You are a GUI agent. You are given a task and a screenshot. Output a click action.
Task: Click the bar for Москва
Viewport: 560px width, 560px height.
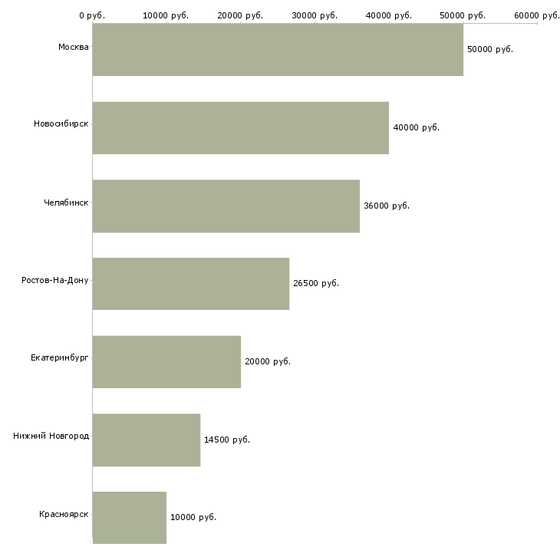tap(278, 49)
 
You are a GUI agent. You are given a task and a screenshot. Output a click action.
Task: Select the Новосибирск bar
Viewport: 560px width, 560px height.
tap(240, 127)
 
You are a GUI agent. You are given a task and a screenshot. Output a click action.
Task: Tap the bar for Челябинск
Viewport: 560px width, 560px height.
tap(226, 206)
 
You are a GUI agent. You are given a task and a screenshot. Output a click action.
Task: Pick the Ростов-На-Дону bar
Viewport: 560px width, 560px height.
tap(190, 283)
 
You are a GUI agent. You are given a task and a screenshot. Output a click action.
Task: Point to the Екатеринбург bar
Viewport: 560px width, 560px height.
tap(166, 361)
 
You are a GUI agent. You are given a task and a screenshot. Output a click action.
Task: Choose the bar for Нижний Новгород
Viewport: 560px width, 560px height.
tap(146, 440)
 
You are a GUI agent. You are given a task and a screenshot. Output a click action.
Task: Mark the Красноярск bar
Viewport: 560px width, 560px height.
tap(129, 517)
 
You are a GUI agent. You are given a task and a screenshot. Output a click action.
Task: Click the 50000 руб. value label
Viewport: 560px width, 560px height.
tap(489, 49)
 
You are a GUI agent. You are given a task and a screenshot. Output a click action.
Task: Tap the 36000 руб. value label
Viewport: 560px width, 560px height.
tap(386, 206)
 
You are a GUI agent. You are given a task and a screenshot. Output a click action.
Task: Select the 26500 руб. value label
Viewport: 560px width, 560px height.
tap(315, 283)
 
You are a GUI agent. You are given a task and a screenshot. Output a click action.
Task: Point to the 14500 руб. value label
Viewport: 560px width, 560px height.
tap(226, 440)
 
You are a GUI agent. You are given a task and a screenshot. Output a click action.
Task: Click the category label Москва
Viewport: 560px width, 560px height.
tap(73, 48)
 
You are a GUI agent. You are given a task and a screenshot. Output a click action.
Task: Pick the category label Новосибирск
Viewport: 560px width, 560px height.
tap(61, 124)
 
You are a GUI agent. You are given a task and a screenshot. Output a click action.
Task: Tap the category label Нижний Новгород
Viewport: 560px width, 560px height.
tap(51, 436)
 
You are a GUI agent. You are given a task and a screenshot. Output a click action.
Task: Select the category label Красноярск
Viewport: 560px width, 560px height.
tap(64, 514)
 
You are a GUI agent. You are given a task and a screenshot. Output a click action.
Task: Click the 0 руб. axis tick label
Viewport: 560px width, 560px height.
tap(92, 15)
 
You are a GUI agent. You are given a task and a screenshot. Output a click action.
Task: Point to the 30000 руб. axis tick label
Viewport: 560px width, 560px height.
tap(315, 15)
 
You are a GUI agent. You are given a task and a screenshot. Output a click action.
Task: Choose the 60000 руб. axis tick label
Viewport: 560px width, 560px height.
tap(536, 15)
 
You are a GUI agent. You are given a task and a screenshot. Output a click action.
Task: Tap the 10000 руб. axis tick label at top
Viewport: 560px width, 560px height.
tap(166, 15)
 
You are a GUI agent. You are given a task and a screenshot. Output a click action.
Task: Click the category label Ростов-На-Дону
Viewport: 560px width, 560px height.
tap(55, 280)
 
